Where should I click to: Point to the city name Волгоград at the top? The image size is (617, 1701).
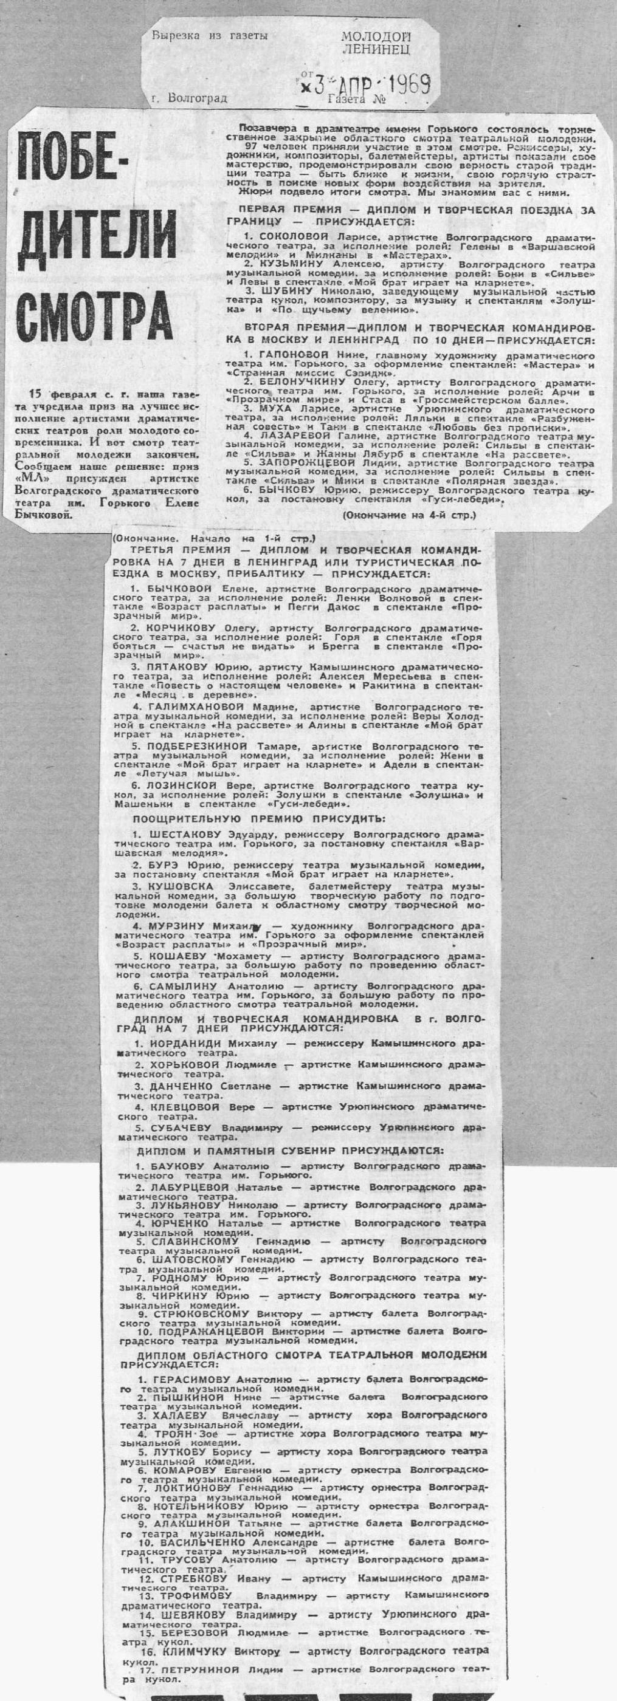click(199, 98)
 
